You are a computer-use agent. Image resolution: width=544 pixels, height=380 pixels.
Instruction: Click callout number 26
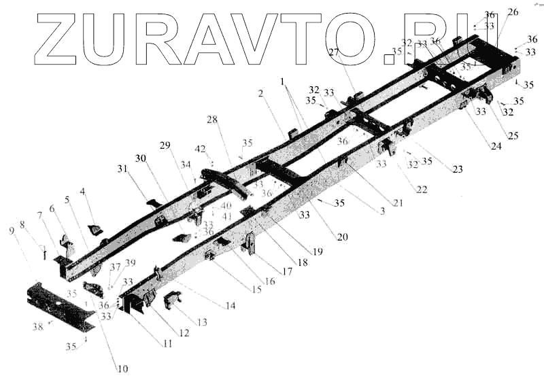512,12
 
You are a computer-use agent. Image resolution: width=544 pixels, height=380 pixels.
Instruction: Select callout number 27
333,52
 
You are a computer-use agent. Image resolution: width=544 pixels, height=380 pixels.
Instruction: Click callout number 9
12,231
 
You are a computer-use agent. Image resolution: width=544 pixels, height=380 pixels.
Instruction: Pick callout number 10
122,369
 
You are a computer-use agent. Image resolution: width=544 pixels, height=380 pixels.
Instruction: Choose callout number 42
200,148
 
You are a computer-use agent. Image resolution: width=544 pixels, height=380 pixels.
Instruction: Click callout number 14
231,307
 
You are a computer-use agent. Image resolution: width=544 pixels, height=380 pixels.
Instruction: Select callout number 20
341,237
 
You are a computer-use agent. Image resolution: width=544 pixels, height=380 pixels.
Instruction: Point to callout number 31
121,169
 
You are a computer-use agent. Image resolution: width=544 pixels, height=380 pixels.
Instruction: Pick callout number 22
422,190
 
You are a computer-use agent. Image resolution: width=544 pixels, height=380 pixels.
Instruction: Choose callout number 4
84,192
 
